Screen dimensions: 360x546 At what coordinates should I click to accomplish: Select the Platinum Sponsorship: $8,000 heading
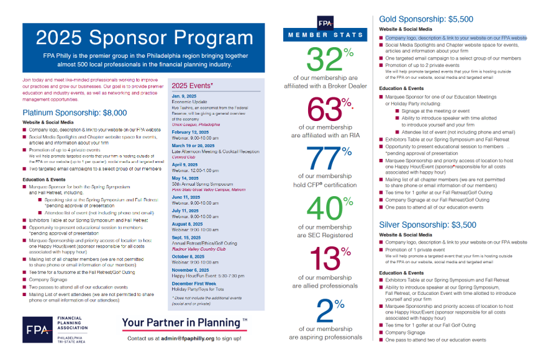coord(75,113)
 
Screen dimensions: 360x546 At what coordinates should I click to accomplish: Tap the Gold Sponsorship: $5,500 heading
coord(426,19)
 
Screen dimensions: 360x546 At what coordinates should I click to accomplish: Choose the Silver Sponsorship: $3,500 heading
coord(428,225)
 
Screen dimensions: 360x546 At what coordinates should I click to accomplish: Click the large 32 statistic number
coord(321,60)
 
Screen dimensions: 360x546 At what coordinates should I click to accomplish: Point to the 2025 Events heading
coord(193,85)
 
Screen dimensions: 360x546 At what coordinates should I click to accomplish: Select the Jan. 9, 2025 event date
coord(185,96)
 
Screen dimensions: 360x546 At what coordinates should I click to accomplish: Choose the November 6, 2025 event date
coord(191,270)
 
